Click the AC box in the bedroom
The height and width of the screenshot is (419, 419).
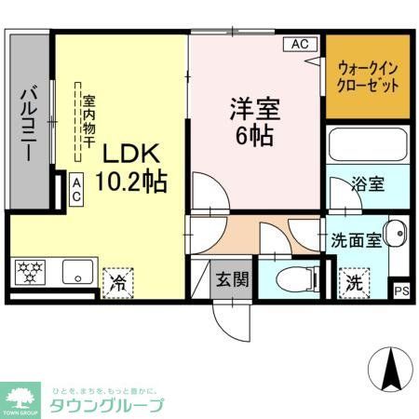[300, 43]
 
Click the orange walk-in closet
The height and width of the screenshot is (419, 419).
[368, 76]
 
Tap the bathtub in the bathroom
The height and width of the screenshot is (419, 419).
[369, 145]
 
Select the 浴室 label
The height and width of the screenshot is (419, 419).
[367, 183]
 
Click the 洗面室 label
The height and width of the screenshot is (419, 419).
[356, 238]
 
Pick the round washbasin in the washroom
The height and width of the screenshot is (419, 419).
[397, 234]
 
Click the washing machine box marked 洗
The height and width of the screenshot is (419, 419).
[355, 278]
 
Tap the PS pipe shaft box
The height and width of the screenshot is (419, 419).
[402, 291]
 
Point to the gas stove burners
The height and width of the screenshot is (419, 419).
[32, 273]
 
